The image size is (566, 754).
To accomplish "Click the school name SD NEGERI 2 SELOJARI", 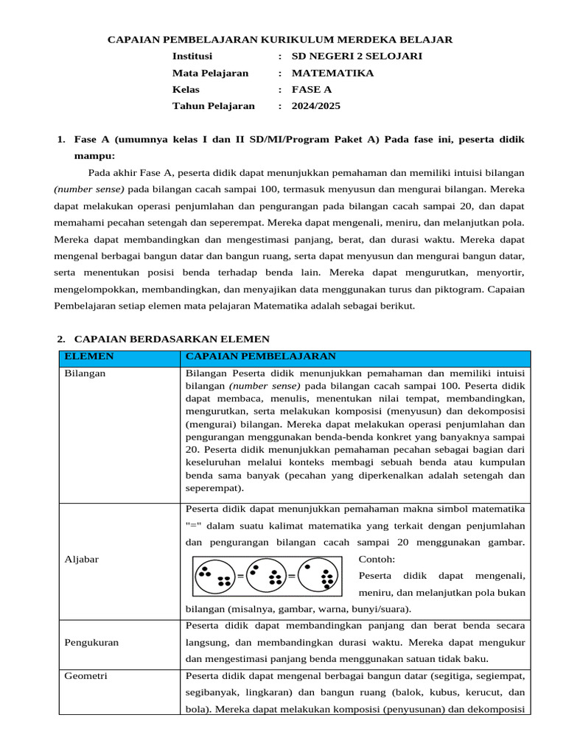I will [x=357, y=56].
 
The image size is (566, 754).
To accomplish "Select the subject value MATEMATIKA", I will [x=332, y=73].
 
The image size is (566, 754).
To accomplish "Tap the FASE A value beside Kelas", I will [x=312, y=89].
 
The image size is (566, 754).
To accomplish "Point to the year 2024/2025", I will [x=316, y=106].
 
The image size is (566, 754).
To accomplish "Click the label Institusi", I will [x=192, y=56].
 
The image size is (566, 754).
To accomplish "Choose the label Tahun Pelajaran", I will [x=213, y=106].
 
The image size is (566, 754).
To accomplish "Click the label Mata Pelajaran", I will [x=210, y=73].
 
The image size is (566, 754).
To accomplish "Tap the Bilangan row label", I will [x=85, y=373].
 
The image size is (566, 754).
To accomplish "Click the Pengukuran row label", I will [x=91, y=642].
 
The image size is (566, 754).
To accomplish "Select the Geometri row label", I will [x=85, y=676].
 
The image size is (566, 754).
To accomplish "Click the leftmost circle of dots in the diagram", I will [x=214, y=575].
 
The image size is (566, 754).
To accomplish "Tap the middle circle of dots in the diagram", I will [x=266, y=575].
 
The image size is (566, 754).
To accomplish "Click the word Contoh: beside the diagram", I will [x=376, y=559].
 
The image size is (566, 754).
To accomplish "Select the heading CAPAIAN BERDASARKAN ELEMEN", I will [x=172, y=339].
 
